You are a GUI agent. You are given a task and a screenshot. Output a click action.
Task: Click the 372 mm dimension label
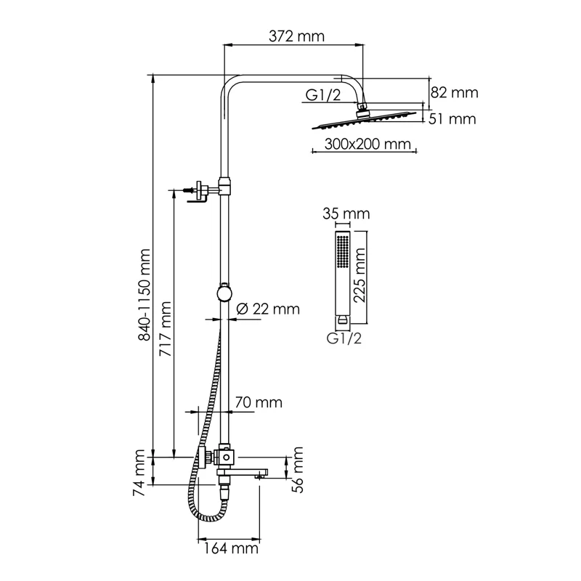tap(294, 36)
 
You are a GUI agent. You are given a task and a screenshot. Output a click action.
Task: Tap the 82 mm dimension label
tap(455, 92)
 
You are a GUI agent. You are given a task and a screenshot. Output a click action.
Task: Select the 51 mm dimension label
tap(452, 118)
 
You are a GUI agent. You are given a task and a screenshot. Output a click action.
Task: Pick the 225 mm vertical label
tap(359, 277)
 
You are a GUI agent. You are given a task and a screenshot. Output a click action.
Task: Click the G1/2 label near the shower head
tap(322, 94)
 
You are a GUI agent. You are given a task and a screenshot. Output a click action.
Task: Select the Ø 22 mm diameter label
tap(268, 309)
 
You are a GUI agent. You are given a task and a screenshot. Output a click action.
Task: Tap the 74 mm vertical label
tap(142, 473)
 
